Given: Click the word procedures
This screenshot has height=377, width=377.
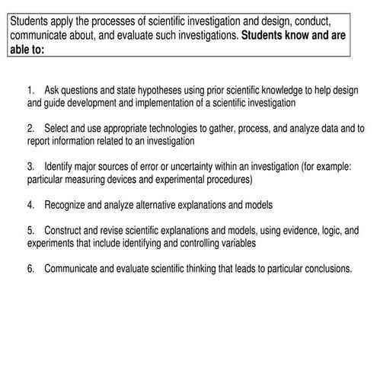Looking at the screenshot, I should pyautogui.click(x=226, y=180).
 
